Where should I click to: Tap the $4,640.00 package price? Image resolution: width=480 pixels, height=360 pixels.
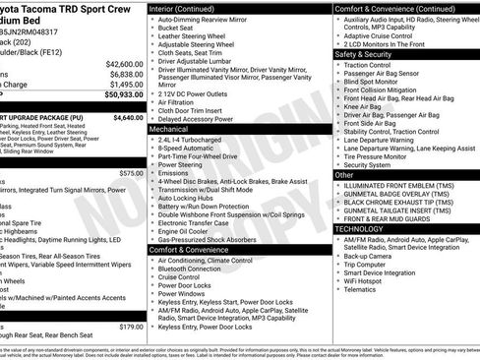tap(128, 117)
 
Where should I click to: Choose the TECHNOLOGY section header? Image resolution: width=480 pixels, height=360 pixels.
tap(359, 227)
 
